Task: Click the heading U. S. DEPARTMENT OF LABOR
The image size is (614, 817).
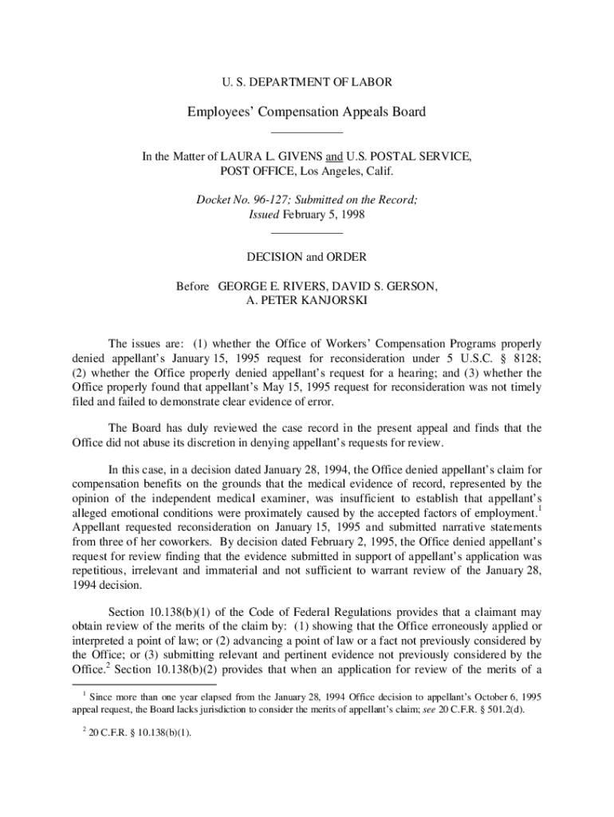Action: click(x=306, y=81)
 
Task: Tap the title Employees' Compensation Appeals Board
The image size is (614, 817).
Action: click(x=306, y=112)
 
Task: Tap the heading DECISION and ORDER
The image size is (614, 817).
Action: click(x=306, y=257)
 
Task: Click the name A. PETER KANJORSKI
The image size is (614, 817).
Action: click(x=307, y=300)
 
